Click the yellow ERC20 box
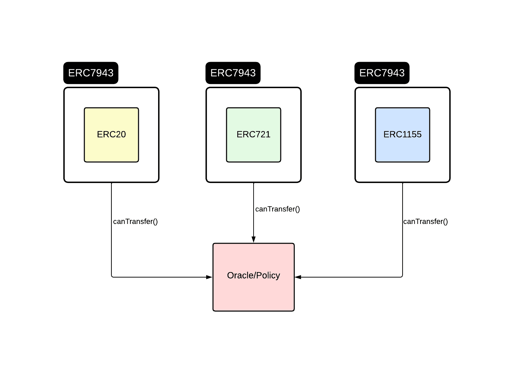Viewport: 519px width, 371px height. pos(111,149)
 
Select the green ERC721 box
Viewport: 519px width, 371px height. pos(254,149)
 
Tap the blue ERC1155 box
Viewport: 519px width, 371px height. pos(403,149)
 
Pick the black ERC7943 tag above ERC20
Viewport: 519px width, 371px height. pos(91,73)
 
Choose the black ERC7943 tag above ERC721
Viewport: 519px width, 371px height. pos(233,73)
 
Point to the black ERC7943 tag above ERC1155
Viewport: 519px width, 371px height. pos(382,73)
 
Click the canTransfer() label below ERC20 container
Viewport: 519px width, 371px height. pos(135,222)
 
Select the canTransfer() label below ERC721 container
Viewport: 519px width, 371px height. pos(278,209)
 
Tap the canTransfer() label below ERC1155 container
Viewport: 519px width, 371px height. pos(426,222)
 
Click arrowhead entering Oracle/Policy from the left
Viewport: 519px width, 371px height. pos(209,277)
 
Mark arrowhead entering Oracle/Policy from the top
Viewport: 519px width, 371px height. pos(254,240)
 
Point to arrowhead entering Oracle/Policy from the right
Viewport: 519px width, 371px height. pos(298,277)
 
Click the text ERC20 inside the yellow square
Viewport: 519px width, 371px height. pos(111,135)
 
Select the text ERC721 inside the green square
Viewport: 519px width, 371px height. pos(254,135)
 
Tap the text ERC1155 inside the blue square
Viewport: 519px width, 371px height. pos(403,135)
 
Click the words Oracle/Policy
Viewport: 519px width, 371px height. pos(254,275)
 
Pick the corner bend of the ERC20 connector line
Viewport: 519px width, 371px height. pos(112,277)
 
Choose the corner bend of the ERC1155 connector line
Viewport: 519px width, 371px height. pos(402,277)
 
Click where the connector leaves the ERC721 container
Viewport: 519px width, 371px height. pos(254,183)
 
